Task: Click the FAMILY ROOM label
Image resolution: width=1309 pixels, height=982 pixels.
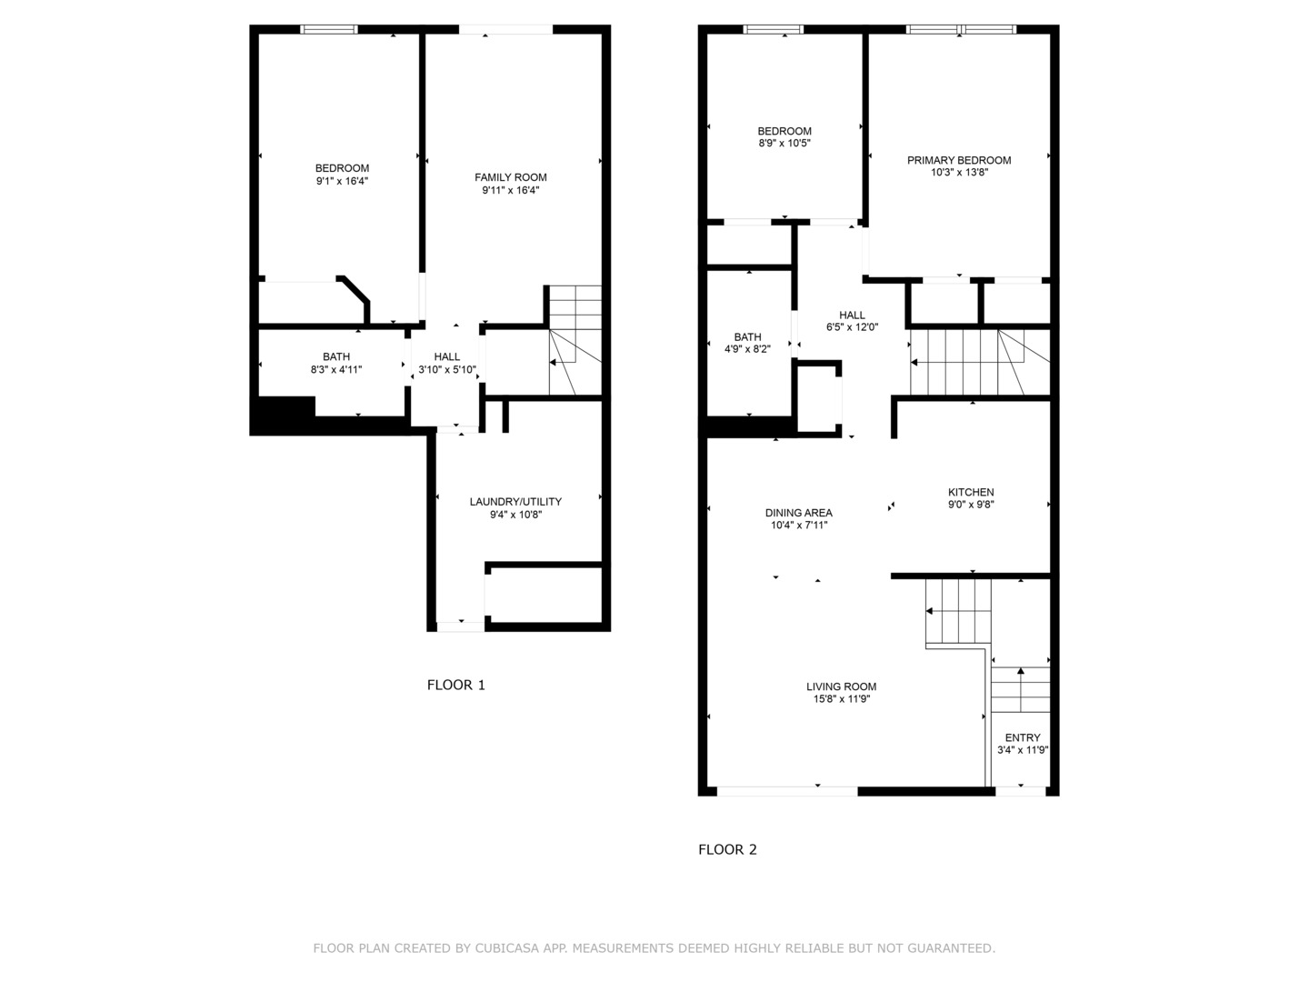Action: pos(511,177)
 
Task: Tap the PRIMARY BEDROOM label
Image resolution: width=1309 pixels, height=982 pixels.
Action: pos(959,160)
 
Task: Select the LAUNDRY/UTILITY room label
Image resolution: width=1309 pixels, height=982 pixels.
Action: pos(515,502)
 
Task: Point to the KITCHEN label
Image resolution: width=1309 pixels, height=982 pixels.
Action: pos(971,492)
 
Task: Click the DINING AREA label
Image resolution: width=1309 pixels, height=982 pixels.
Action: pos(798,513)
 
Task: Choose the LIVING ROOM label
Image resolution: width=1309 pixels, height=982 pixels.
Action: pos(841,686)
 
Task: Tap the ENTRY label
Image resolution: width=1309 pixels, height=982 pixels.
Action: pos(1023,737)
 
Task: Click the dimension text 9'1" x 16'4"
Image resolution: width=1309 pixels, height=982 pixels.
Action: pos(342,181)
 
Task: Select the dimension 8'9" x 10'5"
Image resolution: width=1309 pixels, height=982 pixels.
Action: pos(784,144)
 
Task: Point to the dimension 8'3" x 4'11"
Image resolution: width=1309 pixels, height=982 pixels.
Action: pos(336,370)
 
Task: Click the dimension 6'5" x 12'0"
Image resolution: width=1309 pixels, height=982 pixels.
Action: pos(852,327)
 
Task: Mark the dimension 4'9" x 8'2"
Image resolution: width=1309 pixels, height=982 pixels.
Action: pos(747,349)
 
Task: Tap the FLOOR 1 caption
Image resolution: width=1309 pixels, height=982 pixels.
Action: pos(456,685)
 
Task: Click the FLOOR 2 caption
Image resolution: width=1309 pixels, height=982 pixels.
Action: pos(727,849)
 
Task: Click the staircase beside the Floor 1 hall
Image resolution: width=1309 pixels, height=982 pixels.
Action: pos(575,340)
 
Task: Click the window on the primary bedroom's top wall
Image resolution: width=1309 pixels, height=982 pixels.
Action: pos(961,30)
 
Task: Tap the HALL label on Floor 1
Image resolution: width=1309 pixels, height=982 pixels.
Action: pos(447,356)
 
